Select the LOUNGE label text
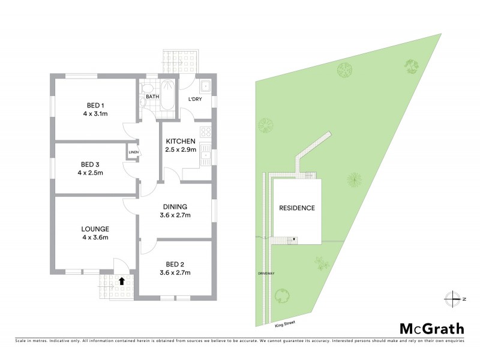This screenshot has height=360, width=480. click(x=95, y=229)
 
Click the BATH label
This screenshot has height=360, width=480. click(x=152, y=96)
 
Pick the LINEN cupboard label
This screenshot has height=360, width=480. click(x=133, y=152)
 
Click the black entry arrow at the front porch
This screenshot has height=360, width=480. click(x=122, y=280)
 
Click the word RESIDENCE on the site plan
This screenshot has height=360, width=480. click(x=297, y=208)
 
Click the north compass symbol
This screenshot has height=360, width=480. click(x=452, y=298)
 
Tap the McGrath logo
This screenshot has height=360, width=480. click(x=432, y=328)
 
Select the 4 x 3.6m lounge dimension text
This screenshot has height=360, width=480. click(x=95, y=238)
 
